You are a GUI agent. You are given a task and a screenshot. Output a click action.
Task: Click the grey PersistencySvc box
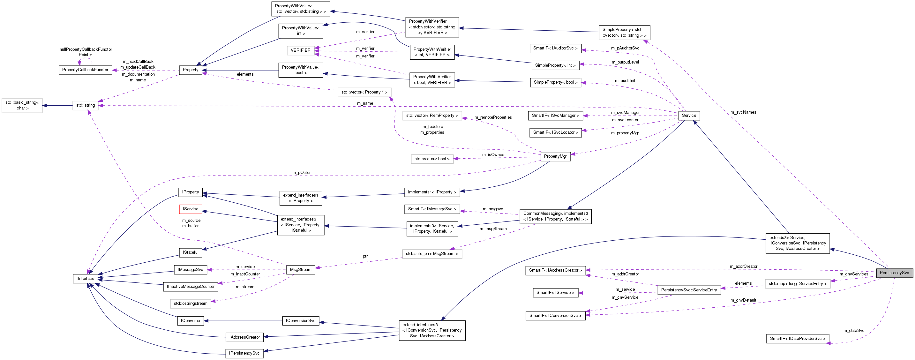[894, 273]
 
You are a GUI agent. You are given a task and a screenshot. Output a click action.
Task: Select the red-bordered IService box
[191, 209]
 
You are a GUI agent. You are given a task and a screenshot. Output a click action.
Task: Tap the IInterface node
[85, 279]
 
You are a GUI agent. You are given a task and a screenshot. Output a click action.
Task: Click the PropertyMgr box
[555, 156]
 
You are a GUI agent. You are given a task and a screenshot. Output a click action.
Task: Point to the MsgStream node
[301, 270]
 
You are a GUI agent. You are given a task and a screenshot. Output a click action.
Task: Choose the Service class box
[689, 116]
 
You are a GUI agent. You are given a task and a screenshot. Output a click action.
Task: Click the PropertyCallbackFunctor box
[85, 70]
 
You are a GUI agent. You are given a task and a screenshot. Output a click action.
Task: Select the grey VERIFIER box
[301, 50]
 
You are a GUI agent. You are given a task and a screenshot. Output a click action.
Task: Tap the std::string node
[86, 105]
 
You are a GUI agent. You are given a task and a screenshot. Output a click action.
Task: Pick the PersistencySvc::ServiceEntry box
[689, 290]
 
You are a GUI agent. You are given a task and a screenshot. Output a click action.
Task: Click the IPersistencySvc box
[244, 353]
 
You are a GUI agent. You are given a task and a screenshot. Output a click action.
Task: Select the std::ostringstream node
[191, 304]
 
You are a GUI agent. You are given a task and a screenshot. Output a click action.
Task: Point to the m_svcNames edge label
[743, 112]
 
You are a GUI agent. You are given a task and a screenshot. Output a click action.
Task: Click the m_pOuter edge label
[301, 173]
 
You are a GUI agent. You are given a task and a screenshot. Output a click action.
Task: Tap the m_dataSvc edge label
[853, 331]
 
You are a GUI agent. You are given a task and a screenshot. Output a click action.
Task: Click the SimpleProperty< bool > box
[555, 82]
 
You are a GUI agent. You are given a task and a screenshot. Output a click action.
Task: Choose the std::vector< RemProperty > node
[432, 116]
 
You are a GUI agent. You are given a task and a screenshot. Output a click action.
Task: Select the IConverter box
[191, 321]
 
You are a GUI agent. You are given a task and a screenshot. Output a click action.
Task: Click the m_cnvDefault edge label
[743, 300]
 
